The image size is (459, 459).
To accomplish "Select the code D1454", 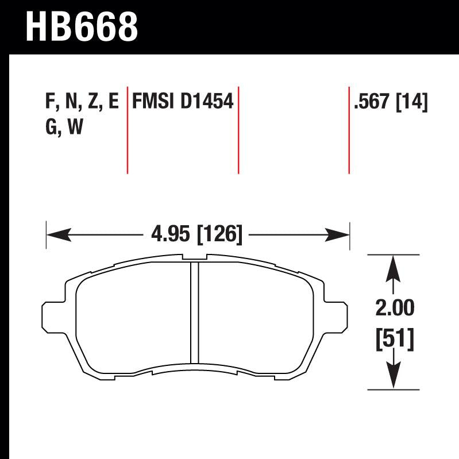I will point(207,102).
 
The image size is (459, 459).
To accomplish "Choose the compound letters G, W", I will point(64,128).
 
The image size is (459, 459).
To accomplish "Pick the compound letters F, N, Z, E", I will point(81,102).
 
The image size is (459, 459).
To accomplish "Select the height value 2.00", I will point(394,308).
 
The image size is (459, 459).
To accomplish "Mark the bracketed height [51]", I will point(394,340).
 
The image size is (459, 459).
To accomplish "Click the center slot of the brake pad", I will point(194,313).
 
